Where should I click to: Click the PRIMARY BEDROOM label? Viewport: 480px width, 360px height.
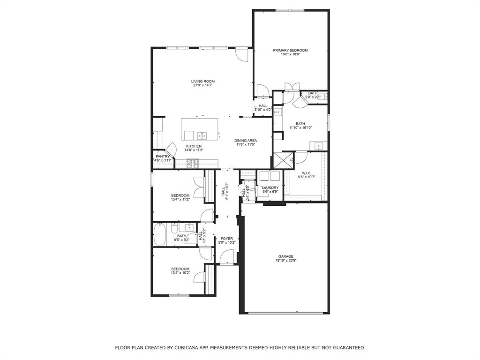click(x=290, y=50)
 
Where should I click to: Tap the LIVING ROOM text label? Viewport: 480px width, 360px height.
click(x=202, y=82)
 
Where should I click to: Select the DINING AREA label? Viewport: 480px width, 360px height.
click(x=246, y=141)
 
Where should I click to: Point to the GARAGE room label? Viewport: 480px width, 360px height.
click(x=285, y=256)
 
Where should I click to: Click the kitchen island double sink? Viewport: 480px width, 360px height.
click(x=202, y=136)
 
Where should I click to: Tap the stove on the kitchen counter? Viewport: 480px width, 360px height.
click(x=193, y=163)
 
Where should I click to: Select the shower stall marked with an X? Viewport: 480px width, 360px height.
click(x=284, y=159)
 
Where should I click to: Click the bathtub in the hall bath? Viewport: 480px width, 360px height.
click(x=160, y=234)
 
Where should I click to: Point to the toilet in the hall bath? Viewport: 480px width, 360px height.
click(x=173, y=230)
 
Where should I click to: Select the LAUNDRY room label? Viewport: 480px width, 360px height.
click(x=270, y=188)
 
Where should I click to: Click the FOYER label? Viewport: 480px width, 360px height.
click(x=227, y=239)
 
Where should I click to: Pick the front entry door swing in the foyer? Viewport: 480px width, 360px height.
click(x=227, y=256)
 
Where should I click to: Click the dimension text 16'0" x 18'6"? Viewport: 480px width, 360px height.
click(x=290, y=54)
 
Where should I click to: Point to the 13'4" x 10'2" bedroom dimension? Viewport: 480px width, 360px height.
click(x=180, y=273)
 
